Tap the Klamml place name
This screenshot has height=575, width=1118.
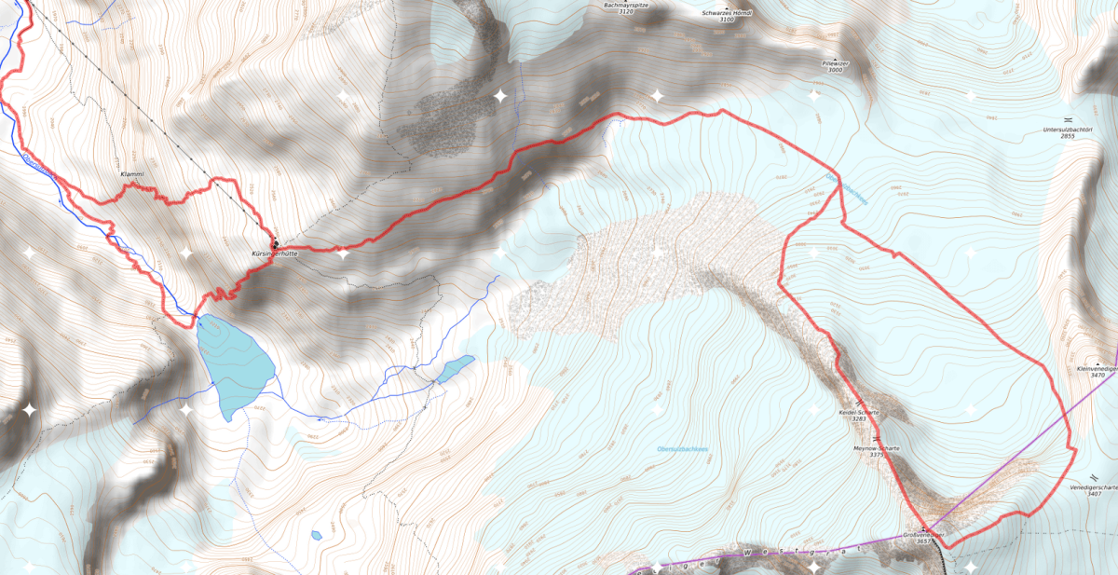coord(133,174)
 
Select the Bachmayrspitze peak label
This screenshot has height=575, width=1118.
coord(632,6)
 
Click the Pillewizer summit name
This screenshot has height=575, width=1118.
coord(834,62)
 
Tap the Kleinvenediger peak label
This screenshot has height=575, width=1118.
coord(1097,369)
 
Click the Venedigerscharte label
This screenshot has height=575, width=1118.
coord(1094,487)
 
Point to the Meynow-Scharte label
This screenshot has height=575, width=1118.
coord(877,449)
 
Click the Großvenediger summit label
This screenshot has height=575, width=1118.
coord(922,535)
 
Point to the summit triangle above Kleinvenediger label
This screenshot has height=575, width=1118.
coord(1099,362)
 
